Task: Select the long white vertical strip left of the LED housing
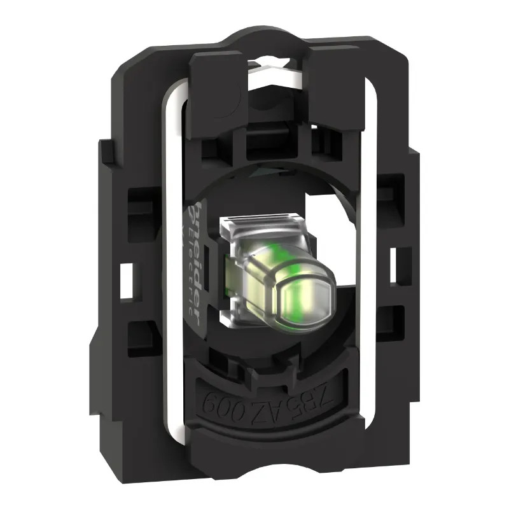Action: click(171, 267)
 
